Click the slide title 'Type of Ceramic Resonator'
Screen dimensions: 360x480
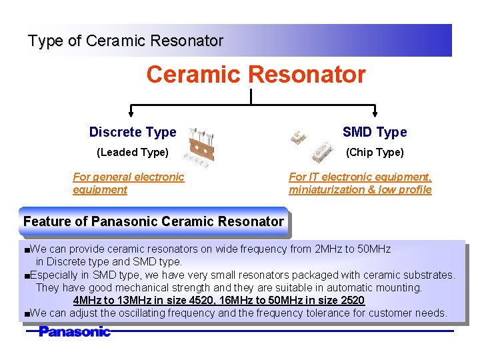point(125,41)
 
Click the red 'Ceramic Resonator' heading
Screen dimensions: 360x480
point(256,75)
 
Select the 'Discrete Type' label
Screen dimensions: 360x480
point(133,132)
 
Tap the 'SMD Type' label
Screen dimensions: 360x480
point(374,132)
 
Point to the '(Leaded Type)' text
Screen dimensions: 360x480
point(133,152)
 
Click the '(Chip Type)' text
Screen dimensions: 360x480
point(374,152)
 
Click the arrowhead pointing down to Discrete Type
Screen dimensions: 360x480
point(130,111)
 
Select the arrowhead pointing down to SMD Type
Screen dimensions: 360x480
point(376,111)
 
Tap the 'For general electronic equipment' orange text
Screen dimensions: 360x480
point(128,183)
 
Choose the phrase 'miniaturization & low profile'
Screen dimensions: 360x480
point(360,190)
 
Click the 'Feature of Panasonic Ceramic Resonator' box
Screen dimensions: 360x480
point(153,221)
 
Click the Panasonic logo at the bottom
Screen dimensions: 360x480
point(74,331)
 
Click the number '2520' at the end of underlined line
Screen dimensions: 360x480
point(352,301)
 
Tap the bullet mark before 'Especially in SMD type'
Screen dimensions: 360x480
point(26,275)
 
